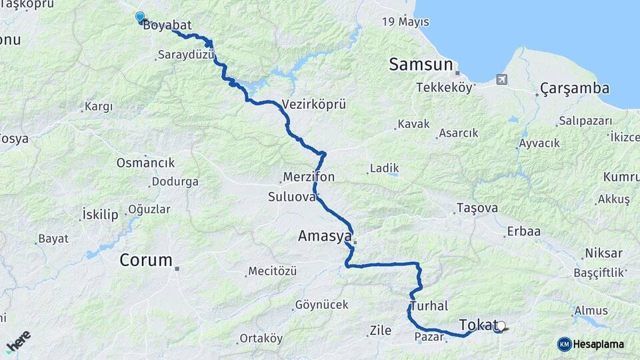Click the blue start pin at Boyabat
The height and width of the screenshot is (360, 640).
point(140,17)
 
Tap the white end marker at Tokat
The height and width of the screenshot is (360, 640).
point(501,326)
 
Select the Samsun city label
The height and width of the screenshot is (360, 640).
point(421,65)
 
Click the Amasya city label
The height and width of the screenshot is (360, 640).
point(324,236)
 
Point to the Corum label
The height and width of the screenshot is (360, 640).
point(146,260)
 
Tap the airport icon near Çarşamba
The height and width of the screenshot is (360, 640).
point(501,79)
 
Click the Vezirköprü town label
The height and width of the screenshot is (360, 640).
point(314,105)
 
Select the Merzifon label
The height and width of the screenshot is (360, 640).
point(309,177)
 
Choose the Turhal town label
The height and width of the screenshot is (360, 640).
point(429,306)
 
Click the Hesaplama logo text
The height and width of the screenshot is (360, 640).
point(598,344)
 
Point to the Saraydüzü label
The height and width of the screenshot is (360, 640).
point(186,54)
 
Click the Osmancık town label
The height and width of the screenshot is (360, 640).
point(145,163)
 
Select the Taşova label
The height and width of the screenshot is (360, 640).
point(477,208)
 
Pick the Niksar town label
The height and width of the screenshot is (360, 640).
point(603,253)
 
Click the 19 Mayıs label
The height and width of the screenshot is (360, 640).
point(405,22)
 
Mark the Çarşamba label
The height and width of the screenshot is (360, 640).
point(575,88)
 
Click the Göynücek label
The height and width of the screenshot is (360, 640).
point(323,305)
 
